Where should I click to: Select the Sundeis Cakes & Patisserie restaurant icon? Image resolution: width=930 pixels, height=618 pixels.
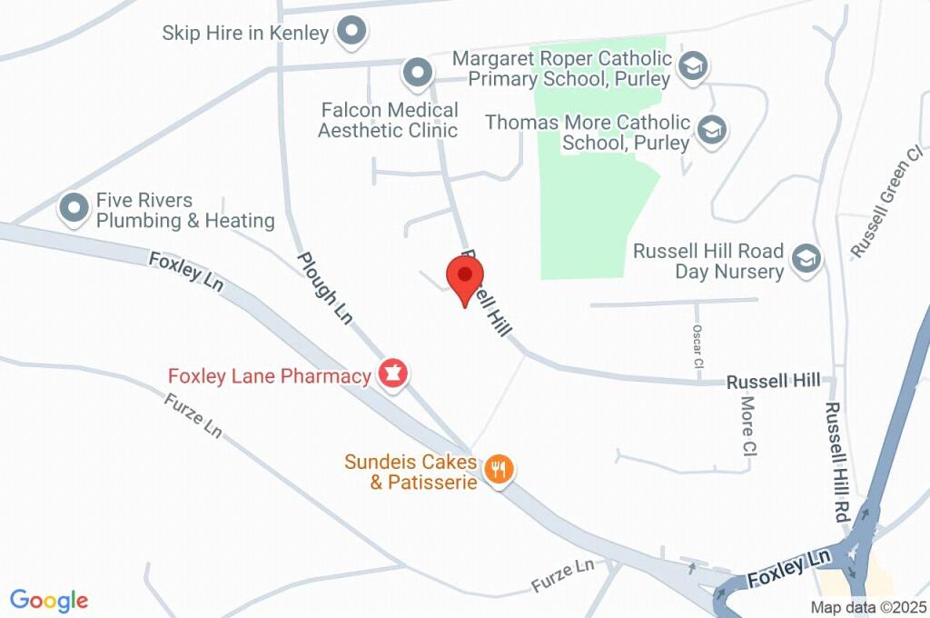point(499,470)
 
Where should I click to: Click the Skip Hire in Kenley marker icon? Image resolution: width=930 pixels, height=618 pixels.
point(351,33)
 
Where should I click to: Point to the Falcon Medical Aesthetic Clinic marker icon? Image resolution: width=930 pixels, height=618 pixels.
point(417,73)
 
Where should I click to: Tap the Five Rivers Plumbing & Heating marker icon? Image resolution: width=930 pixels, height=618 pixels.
point(73,209)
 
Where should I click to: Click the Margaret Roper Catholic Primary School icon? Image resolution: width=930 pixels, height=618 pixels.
point(694,66)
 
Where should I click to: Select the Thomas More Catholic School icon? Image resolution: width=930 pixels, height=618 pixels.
point(713,131)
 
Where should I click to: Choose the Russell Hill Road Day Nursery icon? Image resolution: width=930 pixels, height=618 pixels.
point(805,260)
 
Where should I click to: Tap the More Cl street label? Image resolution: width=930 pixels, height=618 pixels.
point(748,424)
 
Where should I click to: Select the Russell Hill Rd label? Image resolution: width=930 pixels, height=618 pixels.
point(836,462)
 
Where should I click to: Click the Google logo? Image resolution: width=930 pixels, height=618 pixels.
point(49,600)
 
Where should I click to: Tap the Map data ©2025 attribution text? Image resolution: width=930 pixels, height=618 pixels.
point(868,608)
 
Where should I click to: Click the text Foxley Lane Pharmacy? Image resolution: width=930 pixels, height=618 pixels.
point(270,375)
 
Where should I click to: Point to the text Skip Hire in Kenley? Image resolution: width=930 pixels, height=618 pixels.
point(245,34)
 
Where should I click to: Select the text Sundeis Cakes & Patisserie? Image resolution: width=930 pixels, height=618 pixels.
point(411,472)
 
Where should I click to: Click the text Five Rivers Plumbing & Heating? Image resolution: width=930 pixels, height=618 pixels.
point(185,211)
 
